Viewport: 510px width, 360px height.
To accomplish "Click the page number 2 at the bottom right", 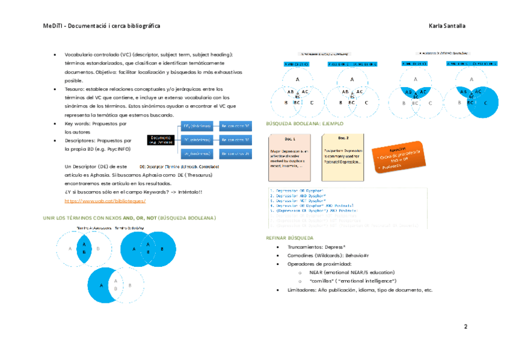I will pyautogui.click(x=465, y=326).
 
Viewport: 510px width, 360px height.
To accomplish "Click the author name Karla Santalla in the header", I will pyautogui.click(x=447, y=26).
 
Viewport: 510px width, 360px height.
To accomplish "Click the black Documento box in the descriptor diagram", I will pyautogui.click(x=159, y=139).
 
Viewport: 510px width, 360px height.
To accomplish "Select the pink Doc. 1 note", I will pyautogui.click(x=289, y=157).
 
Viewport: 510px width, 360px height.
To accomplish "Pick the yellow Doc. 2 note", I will pyautogui.click(x=342, y=157).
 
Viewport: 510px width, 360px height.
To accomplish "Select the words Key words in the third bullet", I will pyautogui.click(x=76, y=123).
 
